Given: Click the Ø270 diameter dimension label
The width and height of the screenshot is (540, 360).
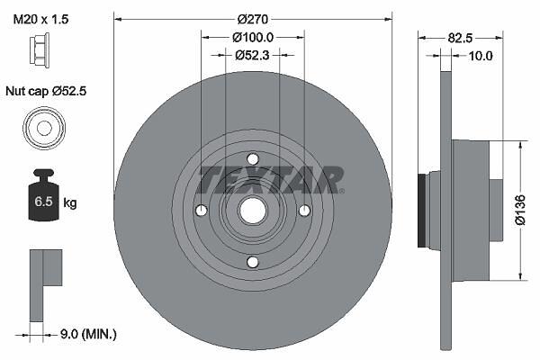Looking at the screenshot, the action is click(252, 19).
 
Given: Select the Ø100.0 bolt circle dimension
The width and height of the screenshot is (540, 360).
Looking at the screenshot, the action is click(253, 37).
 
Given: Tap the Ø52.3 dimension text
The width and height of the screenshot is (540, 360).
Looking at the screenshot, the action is click(252, 55).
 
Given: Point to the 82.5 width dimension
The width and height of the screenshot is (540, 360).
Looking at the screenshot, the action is click(460, 38).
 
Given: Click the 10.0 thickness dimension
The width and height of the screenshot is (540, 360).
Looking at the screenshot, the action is click(481, 56).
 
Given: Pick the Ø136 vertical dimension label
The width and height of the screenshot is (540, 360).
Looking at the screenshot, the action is click(521, 210).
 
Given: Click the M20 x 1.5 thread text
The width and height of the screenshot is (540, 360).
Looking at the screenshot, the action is click(40, 19).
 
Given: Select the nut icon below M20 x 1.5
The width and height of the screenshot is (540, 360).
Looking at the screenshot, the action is click(40, 49).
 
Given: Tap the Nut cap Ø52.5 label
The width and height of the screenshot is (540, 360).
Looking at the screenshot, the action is click(46, 91).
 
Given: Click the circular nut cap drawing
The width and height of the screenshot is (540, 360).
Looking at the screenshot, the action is click(44, 128).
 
